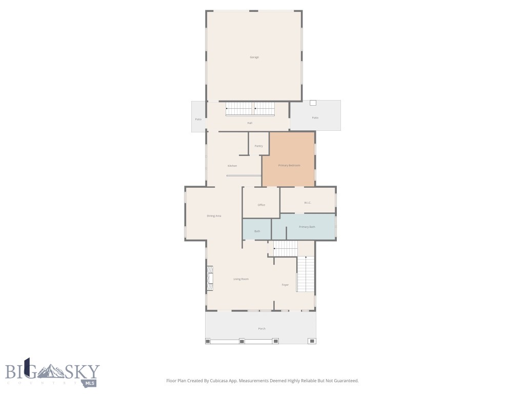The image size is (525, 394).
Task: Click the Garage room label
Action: point(254,57)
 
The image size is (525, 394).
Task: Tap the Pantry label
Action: point(259,146)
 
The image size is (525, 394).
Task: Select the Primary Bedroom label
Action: point(289,165)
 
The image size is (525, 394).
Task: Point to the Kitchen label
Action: point(232,166)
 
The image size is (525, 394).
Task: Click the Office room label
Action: point(261,205)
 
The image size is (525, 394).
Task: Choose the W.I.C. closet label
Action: point(308,203)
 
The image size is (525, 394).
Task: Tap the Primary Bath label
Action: point(307,226)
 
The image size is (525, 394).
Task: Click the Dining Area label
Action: point(214,216)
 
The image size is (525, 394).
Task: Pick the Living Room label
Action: point(241,279)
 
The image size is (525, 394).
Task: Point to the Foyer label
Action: point(285,285)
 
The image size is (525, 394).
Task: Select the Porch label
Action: point(261,328)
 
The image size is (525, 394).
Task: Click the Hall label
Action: point(250,123)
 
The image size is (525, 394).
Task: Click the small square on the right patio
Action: point(313,103)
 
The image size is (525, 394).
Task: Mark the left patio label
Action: point(198,119)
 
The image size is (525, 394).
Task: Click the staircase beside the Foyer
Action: point(306,274)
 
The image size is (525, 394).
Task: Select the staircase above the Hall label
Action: point(250,109)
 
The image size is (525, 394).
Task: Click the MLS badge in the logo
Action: point(90,383)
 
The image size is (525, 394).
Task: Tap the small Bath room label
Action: point(257,231)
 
